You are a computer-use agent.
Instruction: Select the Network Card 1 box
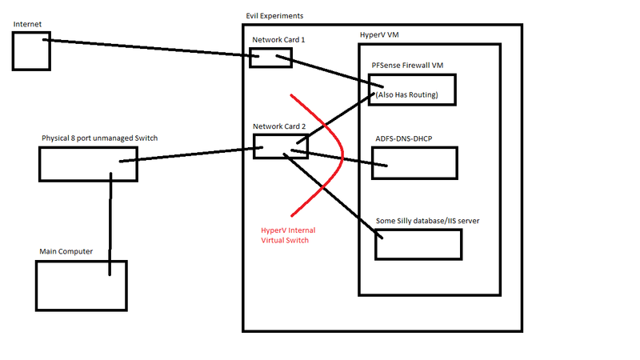[265, 58]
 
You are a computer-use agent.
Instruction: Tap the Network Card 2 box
[270, 146]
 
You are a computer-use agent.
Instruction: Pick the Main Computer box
[80, 284]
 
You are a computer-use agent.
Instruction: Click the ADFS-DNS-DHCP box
[414, 162]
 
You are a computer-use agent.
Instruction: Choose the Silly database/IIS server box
[418, 244]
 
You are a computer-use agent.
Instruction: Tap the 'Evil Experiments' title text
[274, 16]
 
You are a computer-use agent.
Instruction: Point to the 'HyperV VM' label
[382, 36]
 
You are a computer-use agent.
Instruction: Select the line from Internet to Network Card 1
[152, 46]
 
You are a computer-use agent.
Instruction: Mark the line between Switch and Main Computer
[111, 216]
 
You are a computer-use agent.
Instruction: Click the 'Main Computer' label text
[66, 252]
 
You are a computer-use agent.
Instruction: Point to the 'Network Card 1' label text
[278, 40]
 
